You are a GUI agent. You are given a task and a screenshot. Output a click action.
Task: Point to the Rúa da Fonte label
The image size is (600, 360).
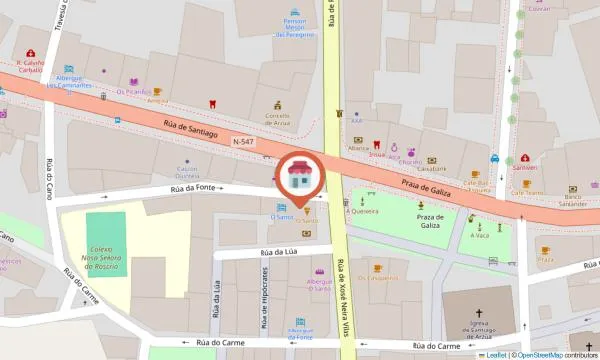click(x=191, y=187)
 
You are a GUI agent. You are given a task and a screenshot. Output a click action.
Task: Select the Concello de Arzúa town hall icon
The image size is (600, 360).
click(x=279, y=104)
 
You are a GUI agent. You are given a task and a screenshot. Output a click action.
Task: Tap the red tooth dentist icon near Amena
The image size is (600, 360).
click(x=212, y=103)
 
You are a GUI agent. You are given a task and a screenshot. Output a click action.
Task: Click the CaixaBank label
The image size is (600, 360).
click(x=432, y=168)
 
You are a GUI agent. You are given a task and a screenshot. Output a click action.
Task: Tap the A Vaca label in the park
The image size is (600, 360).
click(x=480, y=235)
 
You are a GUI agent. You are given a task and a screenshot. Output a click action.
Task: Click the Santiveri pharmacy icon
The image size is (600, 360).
click(x=524, y=167)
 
